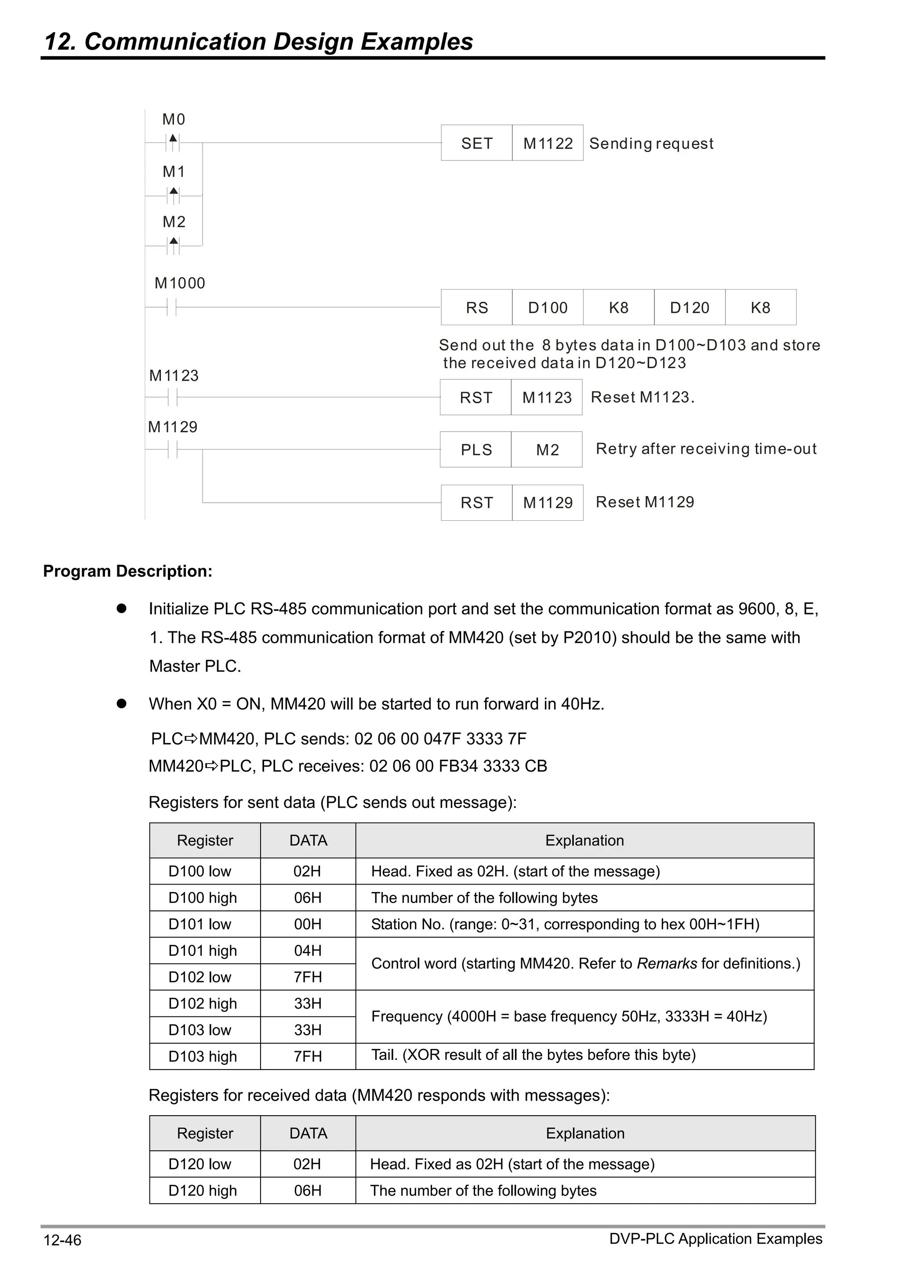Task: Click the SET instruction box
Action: pyautogui.click(x=476, y=143)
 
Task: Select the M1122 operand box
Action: pyautogui.click(x=547, y=143)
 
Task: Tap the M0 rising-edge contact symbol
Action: pyautogui.click(x=173, y=142)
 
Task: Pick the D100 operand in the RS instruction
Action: pyautogui.click(x=547, y=307)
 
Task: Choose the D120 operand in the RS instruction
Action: pyautogui.click(x=689, y=307)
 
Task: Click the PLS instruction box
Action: pyautogui.click(x=476, y=450)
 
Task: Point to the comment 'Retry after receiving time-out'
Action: pyautogui.click(x=706, y=449)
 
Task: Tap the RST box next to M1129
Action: pyautogui.click(x=476, y=502)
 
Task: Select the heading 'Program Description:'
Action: pyautogui.click(x=127, y=571)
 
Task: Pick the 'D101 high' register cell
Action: pyautogui.click(x=203, y=950)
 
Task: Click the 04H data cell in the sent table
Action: pyautogui.click(x=308, y=950)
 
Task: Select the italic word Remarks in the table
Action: pyautogui.click(x=667, y=964)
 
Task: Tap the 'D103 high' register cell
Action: pyautogui.click(x=203, y=1056)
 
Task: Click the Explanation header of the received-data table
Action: pyautogui.click(x=585, y=1133)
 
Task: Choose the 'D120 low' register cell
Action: pyautogui.click(x=200, y=1164)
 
